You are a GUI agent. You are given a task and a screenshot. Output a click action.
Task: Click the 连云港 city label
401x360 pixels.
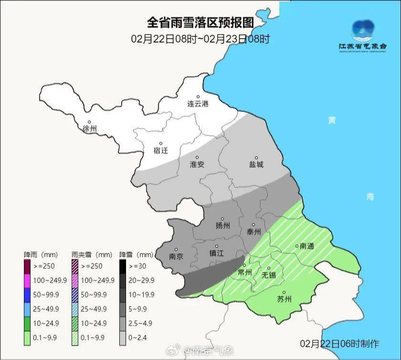click(198, 104)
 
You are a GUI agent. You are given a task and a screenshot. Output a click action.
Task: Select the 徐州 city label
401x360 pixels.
click(89, 129)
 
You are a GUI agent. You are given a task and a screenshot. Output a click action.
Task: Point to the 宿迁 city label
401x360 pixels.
click(161, 150)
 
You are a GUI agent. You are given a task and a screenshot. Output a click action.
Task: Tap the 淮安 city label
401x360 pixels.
click(197, 164)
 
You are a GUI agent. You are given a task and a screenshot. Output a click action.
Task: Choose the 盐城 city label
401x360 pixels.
click(256, 164)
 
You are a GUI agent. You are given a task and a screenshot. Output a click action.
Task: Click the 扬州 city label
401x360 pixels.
click(222, 225)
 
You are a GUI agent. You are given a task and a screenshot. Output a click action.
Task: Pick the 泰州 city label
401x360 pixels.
click(253, 232)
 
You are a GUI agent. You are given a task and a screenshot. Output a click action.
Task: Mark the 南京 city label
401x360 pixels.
click(176, 255)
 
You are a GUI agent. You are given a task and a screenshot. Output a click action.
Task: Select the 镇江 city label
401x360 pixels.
click(216, 254)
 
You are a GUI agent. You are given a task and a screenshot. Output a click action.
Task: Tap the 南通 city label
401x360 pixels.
click(307, 246)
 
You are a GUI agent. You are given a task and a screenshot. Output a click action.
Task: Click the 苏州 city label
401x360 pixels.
click(284, 299)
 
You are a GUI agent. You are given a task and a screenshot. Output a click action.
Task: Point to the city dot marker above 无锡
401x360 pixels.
click(269, 268)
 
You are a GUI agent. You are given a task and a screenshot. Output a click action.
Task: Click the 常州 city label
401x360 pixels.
click(244, 272)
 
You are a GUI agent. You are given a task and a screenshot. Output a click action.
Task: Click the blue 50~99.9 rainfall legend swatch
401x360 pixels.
click(28, 295)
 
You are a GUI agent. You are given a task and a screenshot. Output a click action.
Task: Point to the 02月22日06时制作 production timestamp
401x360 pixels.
click(339, 343)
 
